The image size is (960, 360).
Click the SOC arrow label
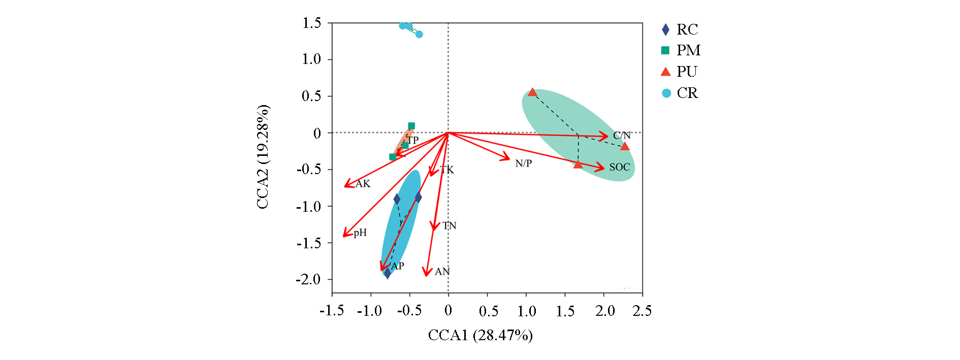click(619, 167)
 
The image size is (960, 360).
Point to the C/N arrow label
click(621, 136)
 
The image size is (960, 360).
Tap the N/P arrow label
click(523, 163)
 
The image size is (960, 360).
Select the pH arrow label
click(360, 233)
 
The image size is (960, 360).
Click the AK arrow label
click(363, 184)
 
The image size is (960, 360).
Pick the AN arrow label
click(442, 272)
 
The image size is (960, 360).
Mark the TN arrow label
click(449, 225)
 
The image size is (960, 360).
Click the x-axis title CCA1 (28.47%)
click(480, 336)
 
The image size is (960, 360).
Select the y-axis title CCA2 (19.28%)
click(263, 157)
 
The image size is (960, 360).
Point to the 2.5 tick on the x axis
click(642, 311)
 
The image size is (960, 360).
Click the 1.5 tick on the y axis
click(311, 23)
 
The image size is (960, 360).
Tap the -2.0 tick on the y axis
click(308, 279)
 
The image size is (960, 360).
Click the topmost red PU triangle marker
click(532, 92)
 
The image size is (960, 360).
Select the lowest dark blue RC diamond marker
click(387, 274)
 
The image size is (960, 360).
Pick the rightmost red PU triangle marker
click(625, 146)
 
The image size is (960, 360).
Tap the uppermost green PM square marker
click(411, 125)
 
